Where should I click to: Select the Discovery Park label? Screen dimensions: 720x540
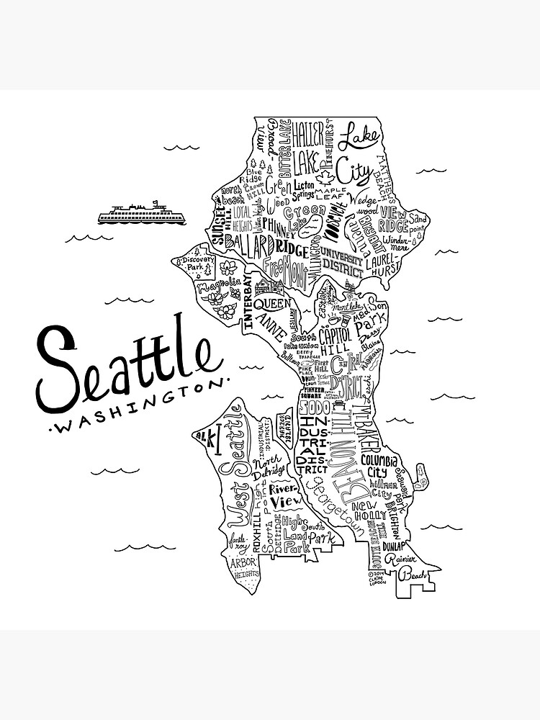coord(193,264)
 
